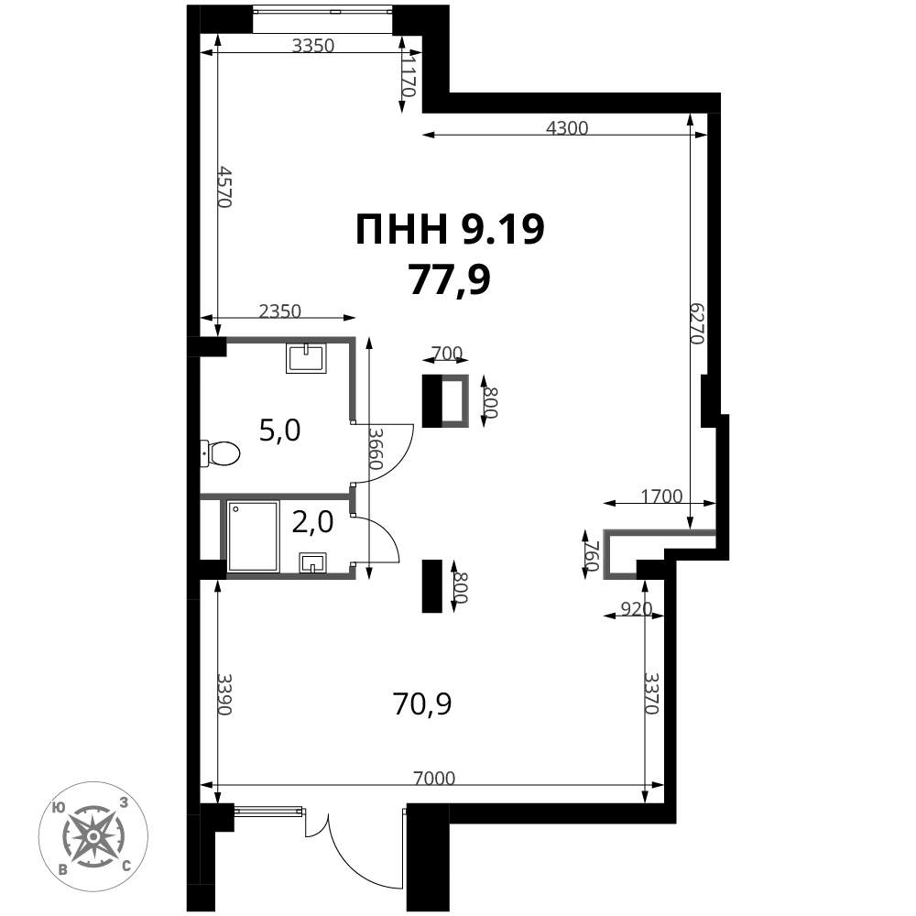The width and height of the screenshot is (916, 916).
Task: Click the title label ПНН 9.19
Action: point(450,230)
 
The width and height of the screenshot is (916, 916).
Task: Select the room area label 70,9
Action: point(422,703)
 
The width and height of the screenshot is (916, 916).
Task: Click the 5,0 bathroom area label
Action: point(280,430)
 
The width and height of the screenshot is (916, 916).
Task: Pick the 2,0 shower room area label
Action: point(312,522)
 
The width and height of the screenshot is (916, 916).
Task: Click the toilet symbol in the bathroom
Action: point(220,453)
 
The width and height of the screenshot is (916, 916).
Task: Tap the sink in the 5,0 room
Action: point(306,357)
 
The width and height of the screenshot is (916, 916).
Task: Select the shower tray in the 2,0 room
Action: point(253,536)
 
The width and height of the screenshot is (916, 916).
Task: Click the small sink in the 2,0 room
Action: point(313,562)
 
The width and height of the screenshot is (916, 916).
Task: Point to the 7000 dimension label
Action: point(433,779)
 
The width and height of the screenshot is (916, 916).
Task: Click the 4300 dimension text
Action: point(566,128)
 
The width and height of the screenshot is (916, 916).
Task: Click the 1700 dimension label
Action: point(661,496)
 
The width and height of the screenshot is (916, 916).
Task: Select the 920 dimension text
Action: point(636,608)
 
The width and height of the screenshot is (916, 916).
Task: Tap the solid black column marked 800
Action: point(431,585)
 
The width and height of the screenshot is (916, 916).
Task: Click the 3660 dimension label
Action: point(375,449)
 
